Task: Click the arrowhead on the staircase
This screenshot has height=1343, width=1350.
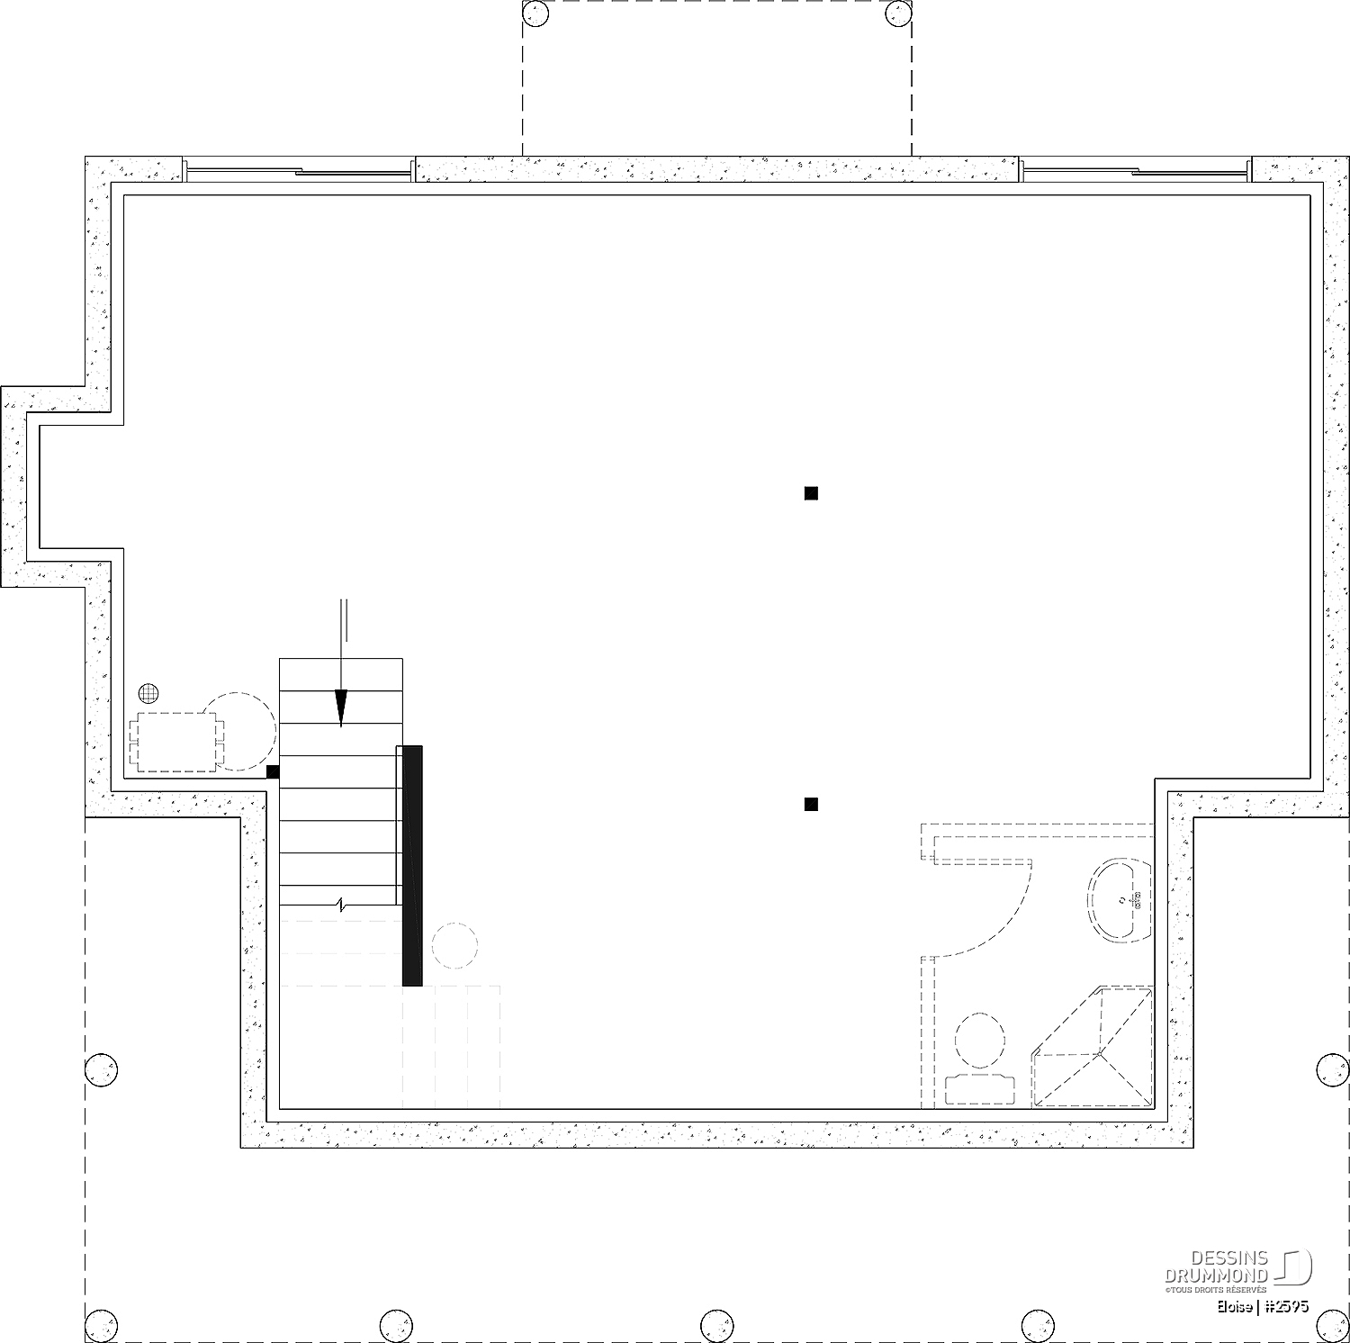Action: tap(341, 708)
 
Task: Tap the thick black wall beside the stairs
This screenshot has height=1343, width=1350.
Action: tap(412, 865)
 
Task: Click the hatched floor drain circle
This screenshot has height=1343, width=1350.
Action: tap(149, 693)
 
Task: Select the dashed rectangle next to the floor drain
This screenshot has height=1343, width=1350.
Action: tap(176, 742)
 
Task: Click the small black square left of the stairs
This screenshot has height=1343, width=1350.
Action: tap(273, 771)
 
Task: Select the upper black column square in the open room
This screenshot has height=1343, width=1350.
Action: tap(811, 492)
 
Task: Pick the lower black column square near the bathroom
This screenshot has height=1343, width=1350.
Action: tap(811, 804)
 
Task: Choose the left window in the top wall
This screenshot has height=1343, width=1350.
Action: tap(299, 169)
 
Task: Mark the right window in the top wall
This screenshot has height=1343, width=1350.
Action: tap(1136, 169)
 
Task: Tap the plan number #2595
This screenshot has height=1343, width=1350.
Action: tap(1286, 1306)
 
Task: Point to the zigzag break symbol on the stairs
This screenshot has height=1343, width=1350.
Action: tap(341, 905)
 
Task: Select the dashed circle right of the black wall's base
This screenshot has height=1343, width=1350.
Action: tap(454, 945)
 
